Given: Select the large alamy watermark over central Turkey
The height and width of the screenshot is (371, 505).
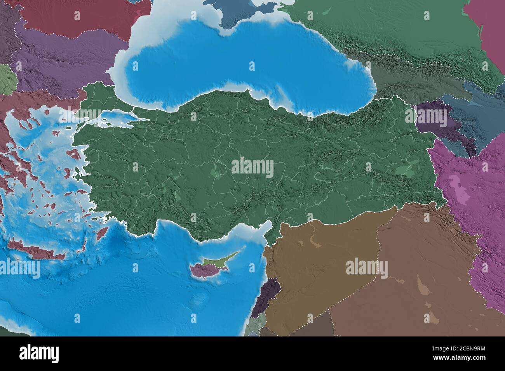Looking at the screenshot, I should point(252,168).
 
